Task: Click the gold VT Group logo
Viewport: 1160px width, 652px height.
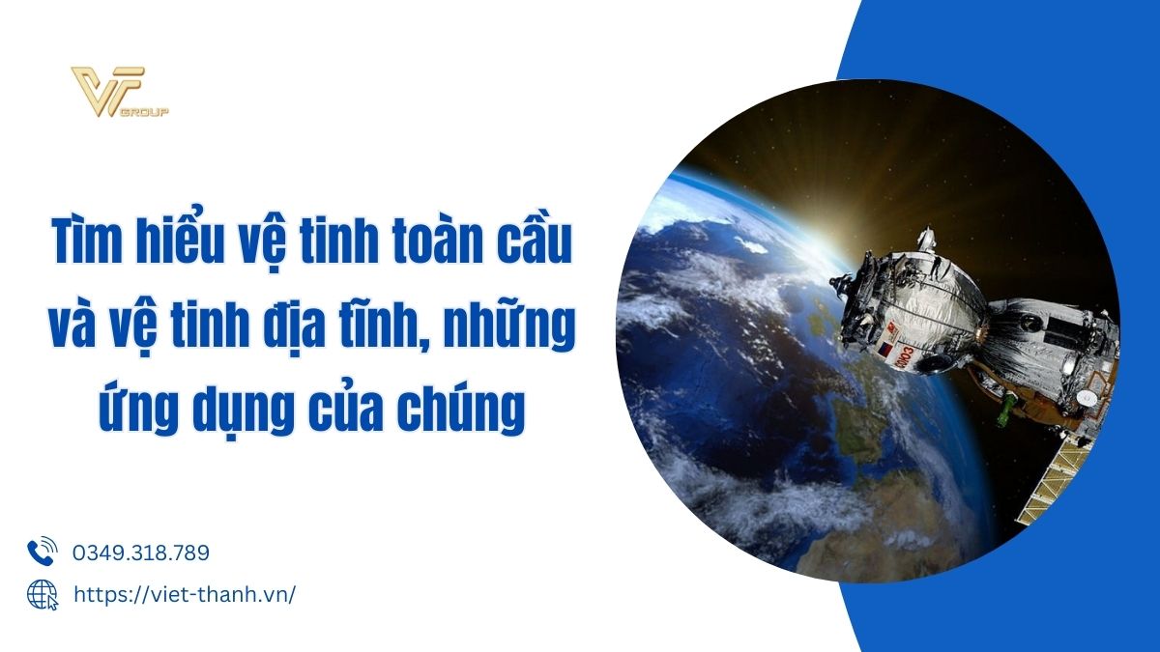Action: (120, 92)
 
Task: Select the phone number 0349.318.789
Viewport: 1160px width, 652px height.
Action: (141, 553)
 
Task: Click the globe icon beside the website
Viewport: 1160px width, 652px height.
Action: (43, 595)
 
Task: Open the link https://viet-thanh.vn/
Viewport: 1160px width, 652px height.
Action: (185, 595)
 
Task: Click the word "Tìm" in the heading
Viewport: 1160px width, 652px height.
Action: (86, 241)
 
